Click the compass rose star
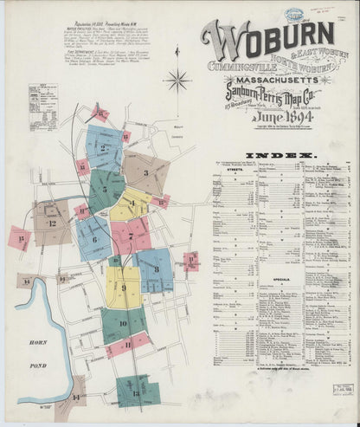click(x=178, y=83)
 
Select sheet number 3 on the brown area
click(x=145, y=172)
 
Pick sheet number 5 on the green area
click(x=104, y=185)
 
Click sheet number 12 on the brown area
click(x=52, y=223)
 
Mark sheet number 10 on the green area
click(x=123, y=324)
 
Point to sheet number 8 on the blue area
click(x=156, y=269)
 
